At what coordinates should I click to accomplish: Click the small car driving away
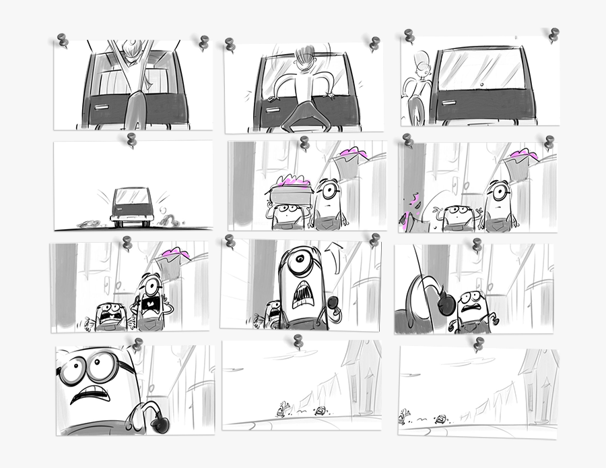point(131,205)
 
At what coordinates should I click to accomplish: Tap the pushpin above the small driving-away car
point(130,140)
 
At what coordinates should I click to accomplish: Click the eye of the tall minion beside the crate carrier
point(328,190)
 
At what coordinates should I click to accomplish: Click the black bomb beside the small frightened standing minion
point(445,303)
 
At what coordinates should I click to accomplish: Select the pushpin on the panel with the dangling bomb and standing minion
point(477,245)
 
